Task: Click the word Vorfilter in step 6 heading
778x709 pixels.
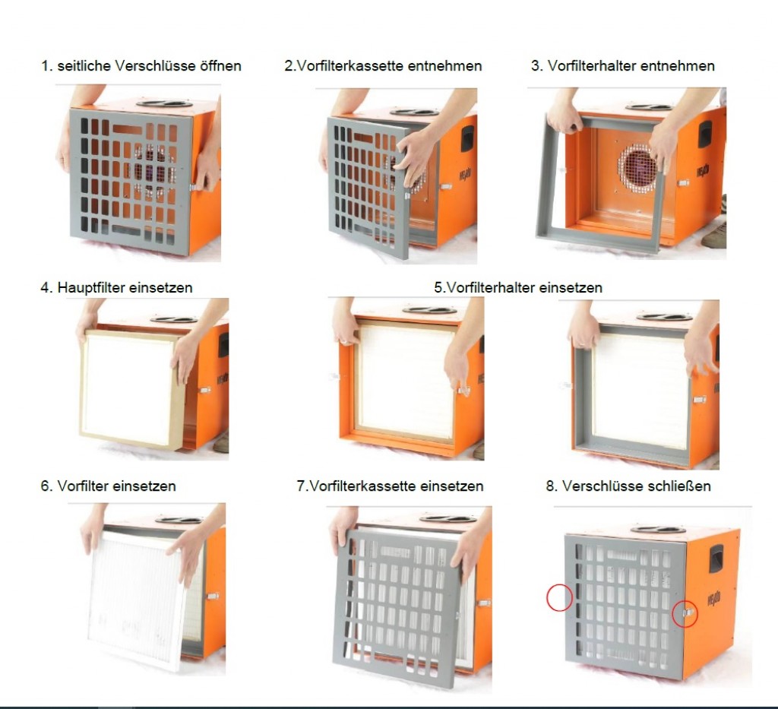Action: pyautogui.click(x=81, y=486)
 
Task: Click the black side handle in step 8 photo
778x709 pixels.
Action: pyautogui.click(x=716, y=559)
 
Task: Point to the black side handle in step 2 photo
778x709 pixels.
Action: pyautogui.click(x=467, y=138)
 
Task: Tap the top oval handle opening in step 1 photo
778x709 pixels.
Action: pyautogui.click(x=164, y=103)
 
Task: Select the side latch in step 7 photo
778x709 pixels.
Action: pyautogui.click(x=484, y=603)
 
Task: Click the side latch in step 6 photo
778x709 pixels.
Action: pyautogui.click(x=213, y=595)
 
